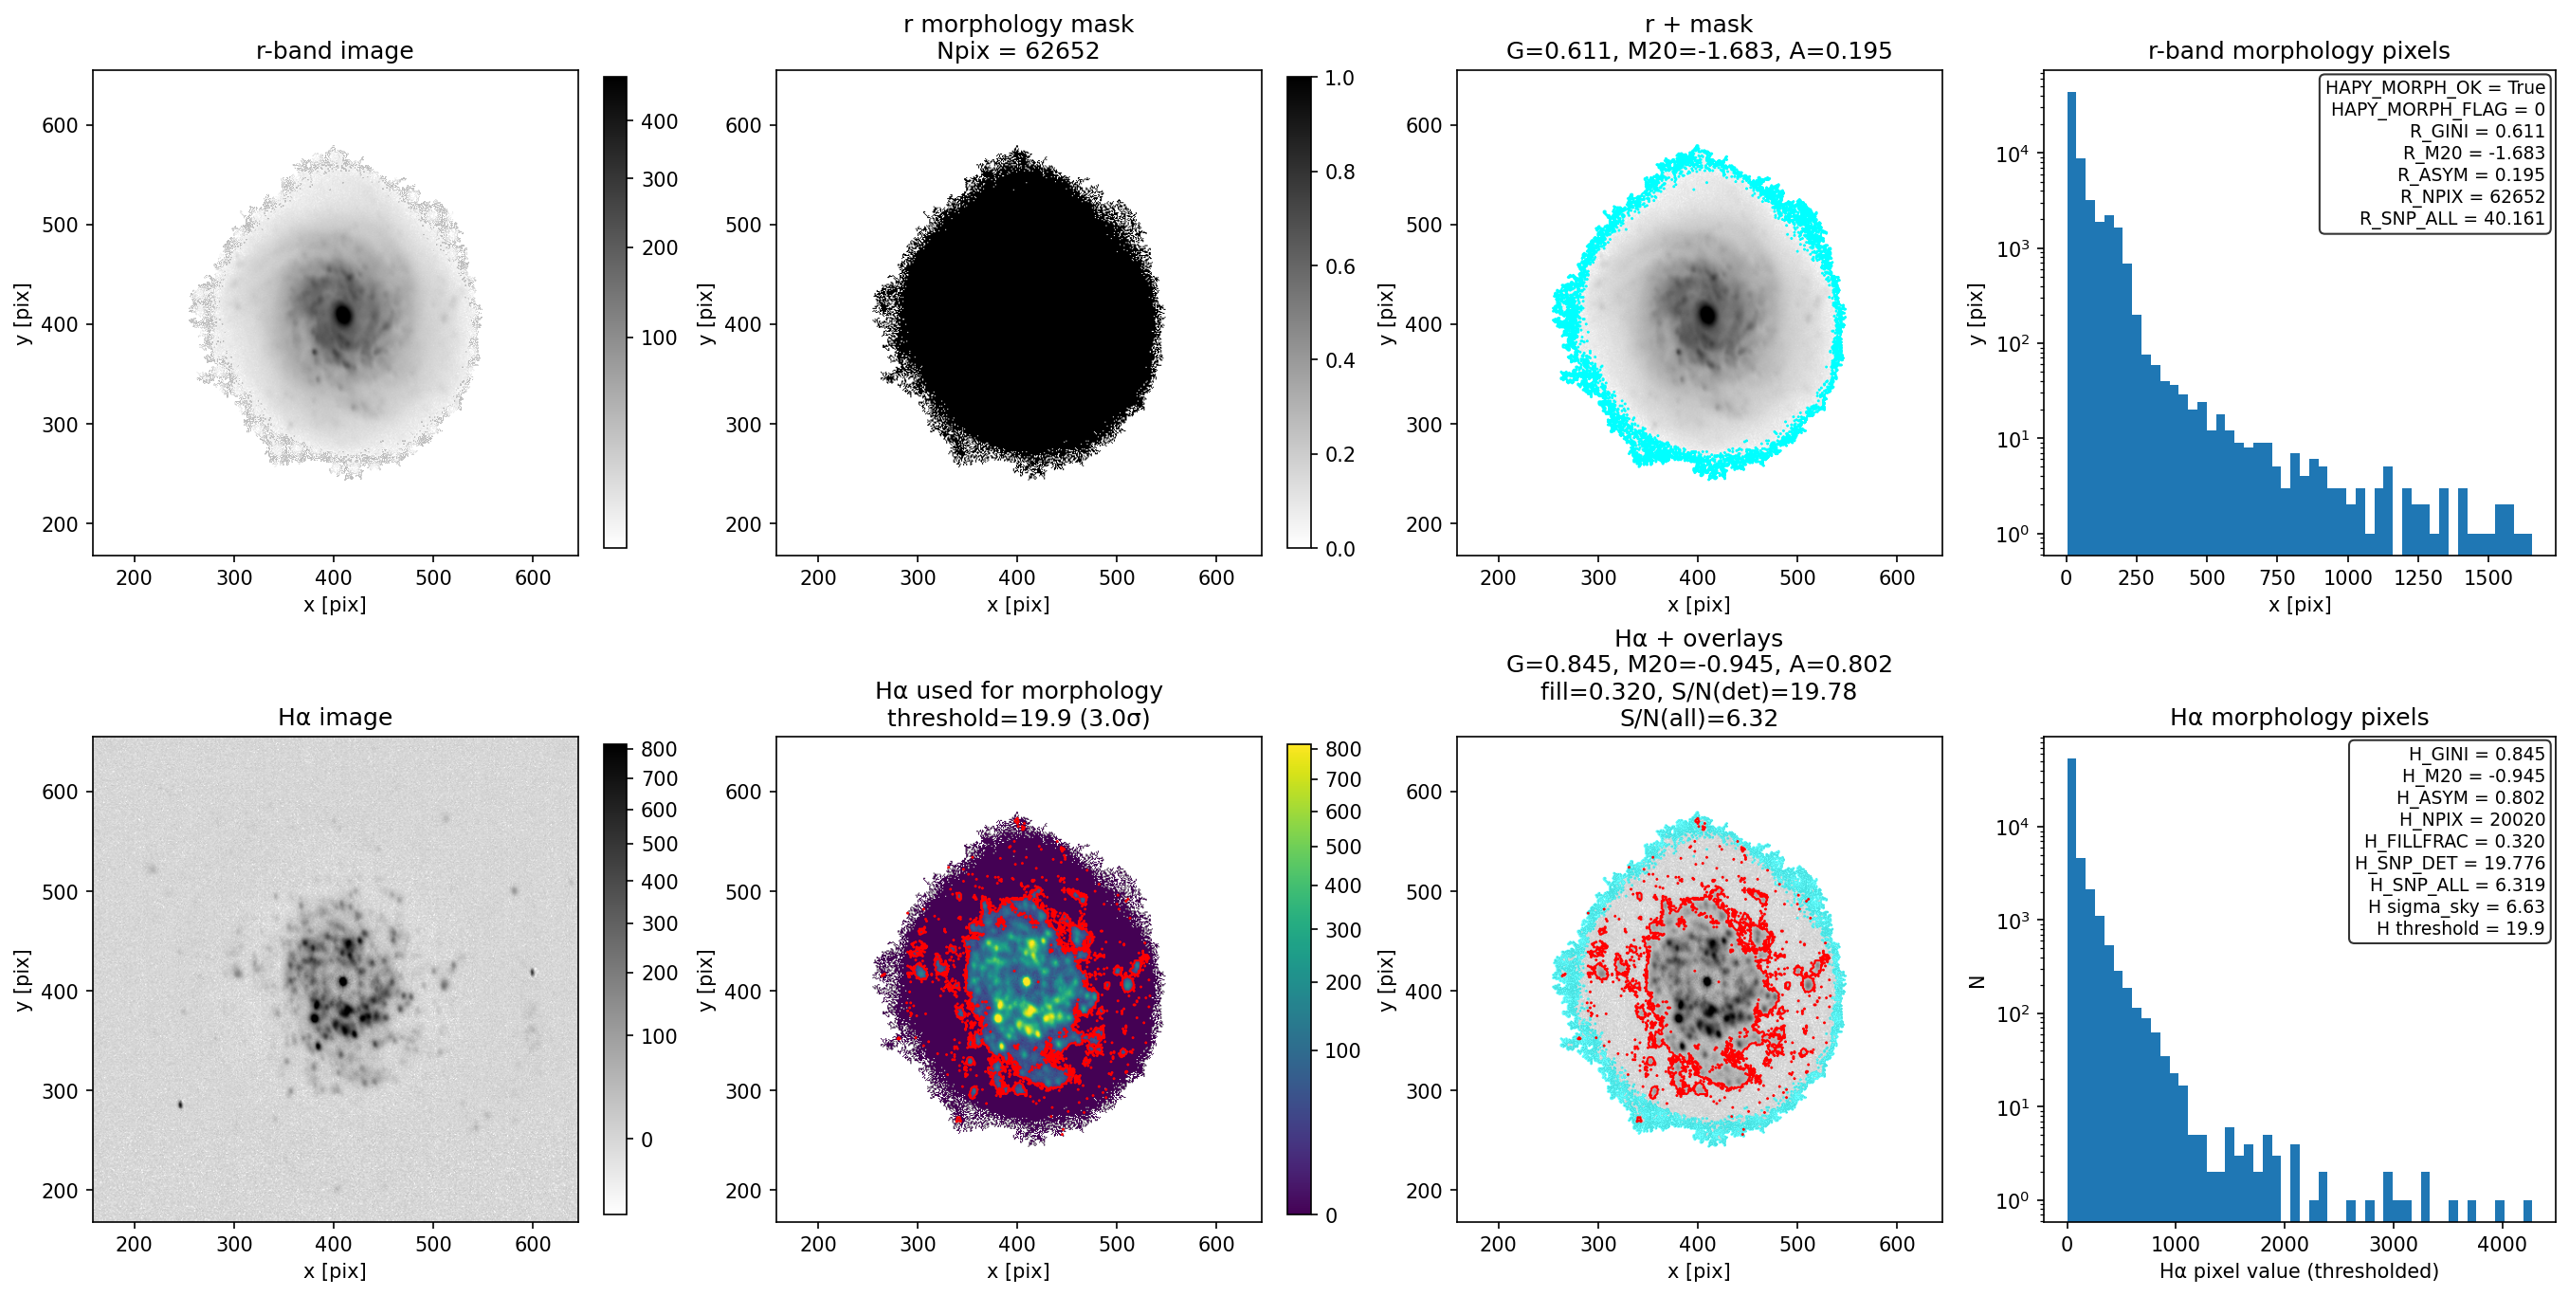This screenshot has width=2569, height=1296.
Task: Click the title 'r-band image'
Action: click(x=334, y=51)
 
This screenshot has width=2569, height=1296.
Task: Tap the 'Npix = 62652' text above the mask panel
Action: click(x=1017, y=51)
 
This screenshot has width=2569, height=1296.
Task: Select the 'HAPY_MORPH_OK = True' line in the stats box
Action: click(x=2435, y=88)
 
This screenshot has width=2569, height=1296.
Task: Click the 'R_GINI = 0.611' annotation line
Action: click(x=2477, y=132)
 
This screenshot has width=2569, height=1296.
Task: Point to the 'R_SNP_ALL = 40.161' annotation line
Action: click(x=2452, y=218)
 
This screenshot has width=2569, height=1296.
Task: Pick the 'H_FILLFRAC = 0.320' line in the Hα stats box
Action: click(x=2454, y=841)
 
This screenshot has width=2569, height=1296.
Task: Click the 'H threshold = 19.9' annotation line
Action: click(x=2460, y=928)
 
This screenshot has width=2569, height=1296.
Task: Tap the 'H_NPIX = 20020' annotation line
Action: click(x=2472, y=819)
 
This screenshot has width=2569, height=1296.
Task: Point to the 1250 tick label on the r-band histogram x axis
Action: click(x=2418, y=577)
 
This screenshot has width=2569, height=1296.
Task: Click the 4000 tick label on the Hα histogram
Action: click(x=2501, y=1244)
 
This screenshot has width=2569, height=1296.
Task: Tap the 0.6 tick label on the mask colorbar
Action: click(x=1339, y=266)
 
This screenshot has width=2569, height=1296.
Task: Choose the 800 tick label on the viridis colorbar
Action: click(x=1342, y=749)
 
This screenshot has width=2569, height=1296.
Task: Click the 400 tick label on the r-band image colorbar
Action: click(x=659, y=121)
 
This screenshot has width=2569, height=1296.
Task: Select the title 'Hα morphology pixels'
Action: click(x=2299, y=718)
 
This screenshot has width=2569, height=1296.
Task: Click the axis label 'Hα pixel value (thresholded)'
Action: click(x=2299, y=1271)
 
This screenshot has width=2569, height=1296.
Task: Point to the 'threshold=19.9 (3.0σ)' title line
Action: click(x=1018, y=719)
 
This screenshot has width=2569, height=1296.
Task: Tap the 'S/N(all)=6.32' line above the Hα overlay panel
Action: click(x=1699, y=719)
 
